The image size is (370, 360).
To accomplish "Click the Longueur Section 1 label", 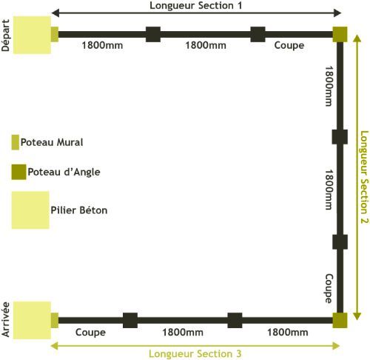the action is [196, 5].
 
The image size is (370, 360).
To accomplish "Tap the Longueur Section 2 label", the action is [364, 177].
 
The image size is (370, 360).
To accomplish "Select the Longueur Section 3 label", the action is [195, 353].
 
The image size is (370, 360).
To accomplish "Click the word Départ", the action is [5, 36].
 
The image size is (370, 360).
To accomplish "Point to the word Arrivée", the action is [5, 319].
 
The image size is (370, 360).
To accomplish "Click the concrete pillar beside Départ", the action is [32, 35].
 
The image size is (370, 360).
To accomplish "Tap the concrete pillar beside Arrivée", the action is [32, 320].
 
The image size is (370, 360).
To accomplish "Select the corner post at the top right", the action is [340, 34].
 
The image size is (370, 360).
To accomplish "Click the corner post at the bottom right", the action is [340, 320].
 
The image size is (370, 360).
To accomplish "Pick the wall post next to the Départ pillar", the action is [55, 34].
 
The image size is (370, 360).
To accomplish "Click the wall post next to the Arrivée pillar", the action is [55, 320].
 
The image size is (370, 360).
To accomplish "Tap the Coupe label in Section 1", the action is [289, 46].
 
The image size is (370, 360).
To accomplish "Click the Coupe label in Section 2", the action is [329, 288].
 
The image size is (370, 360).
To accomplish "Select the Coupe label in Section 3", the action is [90, 333].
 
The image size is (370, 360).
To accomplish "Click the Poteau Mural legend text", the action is [52, 142].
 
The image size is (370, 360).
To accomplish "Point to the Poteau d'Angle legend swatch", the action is [18, 172].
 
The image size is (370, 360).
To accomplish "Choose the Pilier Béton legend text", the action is [79, 210].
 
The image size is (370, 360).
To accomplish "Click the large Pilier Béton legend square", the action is [30, 210].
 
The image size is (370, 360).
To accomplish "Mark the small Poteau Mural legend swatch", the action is [16, 142].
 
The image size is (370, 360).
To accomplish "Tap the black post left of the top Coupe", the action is [258, 34].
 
